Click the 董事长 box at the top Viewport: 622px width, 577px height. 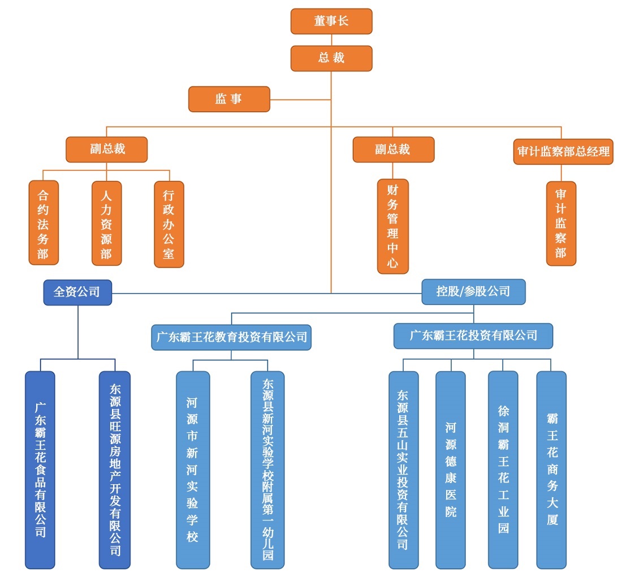[331, 21]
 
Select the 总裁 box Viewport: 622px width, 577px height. [331, 58]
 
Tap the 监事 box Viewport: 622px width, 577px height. [229, 99]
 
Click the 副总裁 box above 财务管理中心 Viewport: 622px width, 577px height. [394, 150]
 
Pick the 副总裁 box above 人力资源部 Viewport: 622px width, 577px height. [107, 150]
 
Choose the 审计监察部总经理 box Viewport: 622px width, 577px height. [563, 152]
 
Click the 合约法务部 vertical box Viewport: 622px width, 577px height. [44, 223]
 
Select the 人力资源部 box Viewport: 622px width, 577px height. [106, 223]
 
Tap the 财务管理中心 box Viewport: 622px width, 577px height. [393, 227]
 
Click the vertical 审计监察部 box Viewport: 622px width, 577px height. [561, 223]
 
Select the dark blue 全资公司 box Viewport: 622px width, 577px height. [77, 292]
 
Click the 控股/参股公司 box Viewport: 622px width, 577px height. [473, 292]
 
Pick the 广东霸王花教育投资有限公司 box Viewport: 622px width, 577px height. [231, 337]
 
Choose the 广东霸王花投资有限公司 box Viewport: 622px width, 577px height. [473, 335]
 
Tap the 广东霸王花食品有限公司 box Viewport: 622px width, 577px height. [40, 470]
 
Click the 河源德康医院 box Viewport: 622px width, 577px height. [451, 470]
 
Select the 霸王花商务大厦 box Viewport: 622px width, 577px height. [551, 470]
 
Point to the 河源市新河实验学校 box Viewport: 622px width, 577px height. [193, 470]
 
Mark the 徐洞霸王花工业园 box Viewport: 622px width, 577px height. [503, 470]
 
